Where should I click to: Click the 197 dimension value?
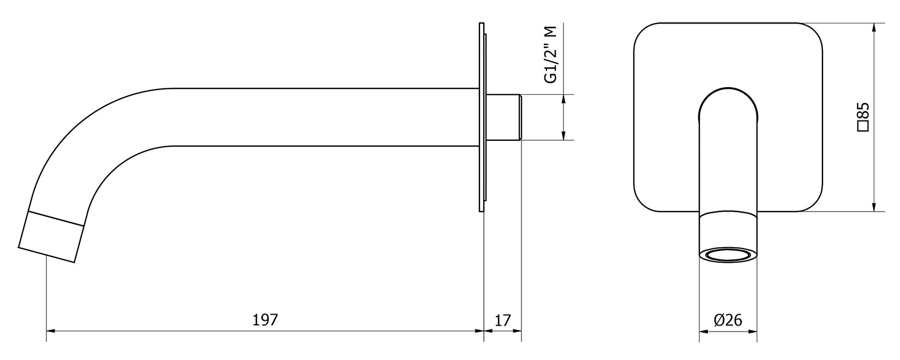[x=265, y=320]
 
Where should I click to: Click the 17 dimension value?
[x=502, y=320]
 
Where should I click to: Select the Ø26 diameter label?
[x=728, y=320]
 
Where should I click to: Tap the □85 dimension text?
[x=862, y=117]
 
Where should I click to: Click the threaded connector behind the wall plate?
[x=503, y=117]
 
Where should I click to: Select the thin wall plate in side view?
[x=482, y=117]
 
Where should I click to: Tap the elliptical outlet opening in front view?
[x=728, y=255]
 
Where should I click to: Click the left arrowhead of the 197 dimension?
[x=50, y=331]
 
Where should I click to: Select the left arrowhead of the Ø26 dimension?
[x=703, y=331]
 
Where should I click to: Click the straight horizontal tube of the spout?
[x=327, y=117]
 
